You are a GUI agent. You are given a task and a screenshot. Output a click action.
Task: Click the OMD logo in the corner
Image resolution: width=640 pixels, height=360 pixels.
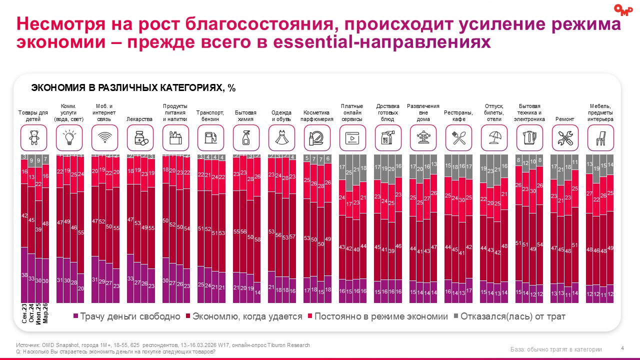(x=622, y=9)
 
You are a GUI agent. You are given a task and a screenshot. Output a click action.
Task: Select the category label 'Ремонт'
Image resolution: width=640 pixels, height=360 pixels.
(x=564, y=119)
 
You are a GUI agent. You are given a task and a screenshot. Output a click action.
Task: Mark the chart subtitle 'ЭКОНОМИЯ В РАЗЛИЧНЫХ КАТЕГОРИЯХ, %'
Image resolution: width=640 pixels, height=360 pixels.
(x=133, y=88)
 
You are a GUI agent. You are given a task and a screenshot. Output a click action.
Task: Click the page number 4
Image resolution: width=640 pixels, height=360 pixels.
(x=622, y=348)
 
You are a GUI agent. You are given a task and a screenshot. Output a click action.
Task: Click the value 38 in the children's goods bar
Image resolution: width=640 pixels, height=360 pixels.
(x=24, y=275)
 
